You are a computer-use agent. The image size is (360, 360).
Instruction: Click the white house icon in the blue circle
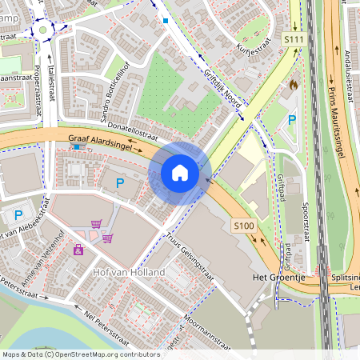pos(180,172)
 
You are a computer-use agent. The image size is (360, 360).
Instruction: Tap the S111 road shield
pos(294,38)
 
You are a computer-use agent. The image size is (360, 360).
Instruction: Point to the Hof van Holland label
pos(129,273)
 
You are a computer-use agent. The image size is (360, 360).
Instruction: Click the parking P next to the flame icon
pos(293,120)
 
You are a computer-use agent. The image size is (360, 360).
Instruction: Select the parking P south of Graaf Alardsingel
pos(120,183)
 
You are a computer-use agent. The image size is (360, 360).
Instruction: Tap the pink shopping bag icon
pos(78,250)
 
